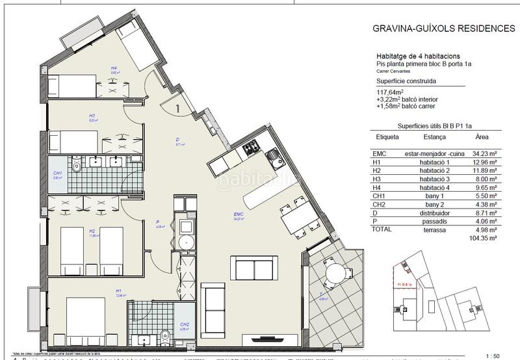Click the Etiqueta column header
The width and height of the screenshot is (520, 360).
coord(388,138)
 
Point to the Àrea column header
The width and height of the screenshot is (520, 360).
coord(481,138)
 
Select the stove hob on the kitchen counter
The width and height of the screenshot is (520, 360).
coord(252,150)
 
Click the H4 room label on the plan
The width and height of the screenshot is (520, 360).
coord(113,68)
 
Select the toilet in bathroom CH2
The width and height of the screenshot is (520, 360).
coord(164,337)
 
